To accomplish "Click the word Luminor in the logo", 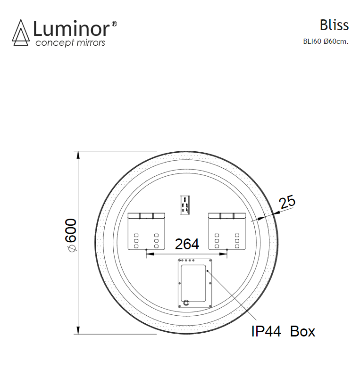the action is pos(71,29).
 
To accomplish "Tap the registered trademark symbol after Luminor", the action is pos(114,24).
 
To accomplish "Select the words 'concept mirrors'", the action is pos(70,43).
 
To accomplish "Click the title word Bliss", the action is pos(334,25).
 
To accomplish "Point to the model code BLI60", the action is pos(312,41).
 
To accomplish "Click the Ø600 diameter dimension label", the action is pos(71,235).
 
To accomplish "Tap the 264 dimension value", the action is pos(187,244).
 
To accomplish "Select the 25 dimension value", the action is pos(287,202).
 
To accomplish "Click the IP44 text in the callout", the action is pos(266,331).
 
